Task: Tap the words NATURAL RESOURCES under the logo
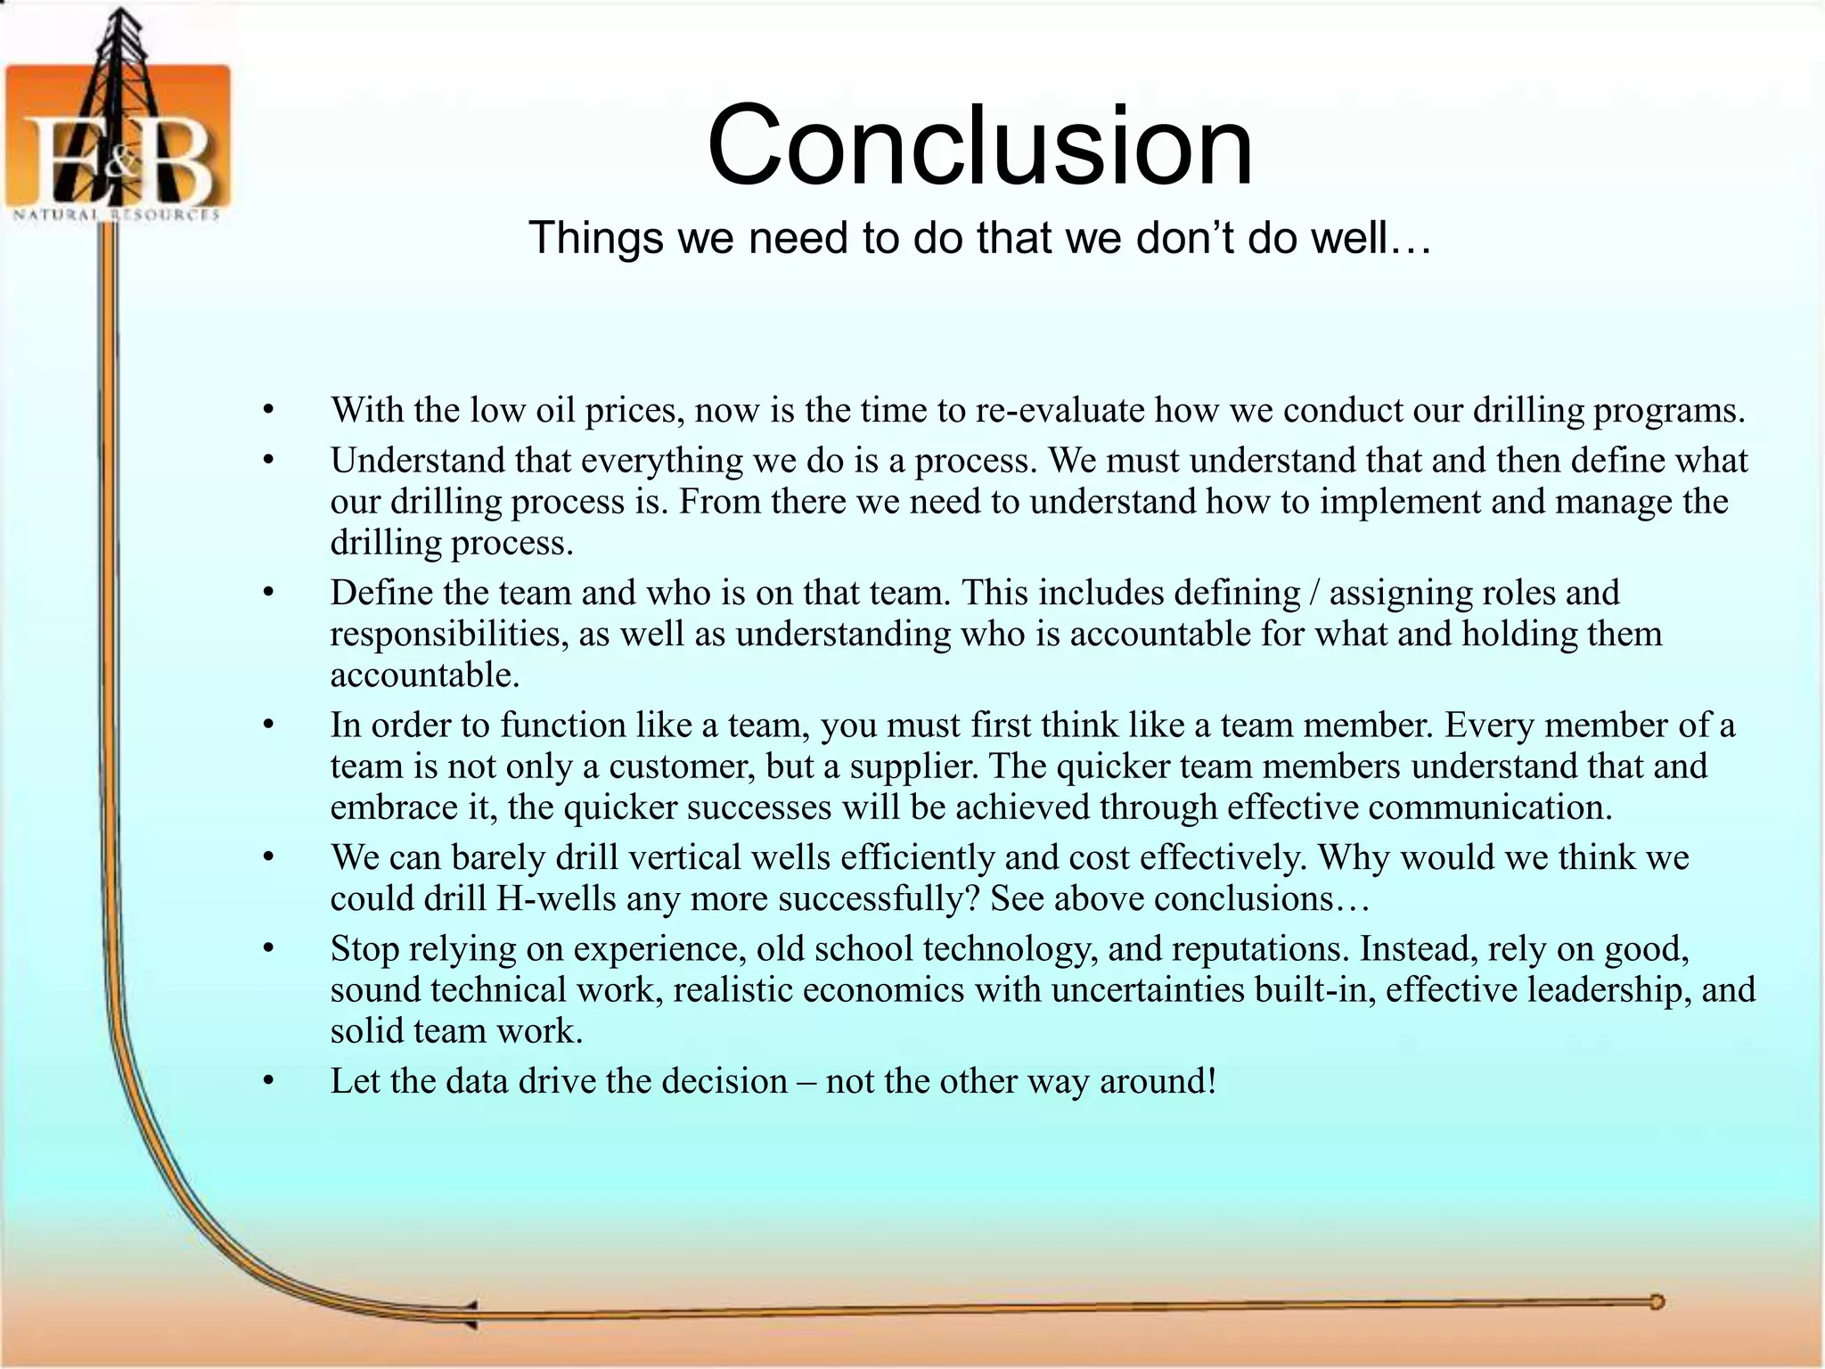[x=116, y=215]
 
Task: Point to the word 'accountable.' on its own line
[x=425, y=675]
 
